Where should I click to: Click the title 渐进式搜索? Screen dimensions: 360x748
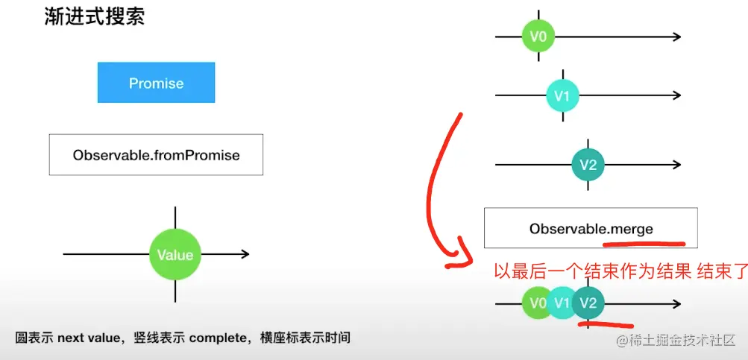pos(95,16)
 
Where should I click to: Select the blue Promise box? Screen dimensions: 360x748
pos(156,83)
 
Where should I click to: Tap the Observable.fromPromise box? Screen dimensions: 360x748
pos(156,155)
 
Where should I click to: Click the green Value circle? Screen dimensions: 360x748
pos(175,255)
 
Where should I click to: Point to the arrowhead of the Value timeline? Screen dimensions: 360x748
pos(245,255)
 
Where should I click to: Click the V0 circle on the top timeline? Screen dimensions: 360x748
pos(538,36)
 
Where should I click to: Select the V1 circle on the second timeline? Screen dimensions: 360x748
pos(562,95)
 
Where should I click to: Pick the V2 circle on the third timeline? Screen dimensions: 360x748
pos(588,165)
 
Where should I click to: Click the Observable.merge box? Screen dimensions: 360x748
pos(591,228)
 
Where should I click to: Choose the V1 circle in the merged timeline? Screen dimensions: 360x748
pos(562,303)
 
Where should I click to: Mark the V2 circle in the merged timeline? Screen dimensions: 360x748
pos(588,303)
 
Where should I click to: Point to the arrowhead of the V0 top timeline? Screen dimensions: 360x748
pos(676,36)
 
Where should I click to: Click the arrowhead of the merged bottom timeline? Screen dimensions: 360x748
pos(676,304)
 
